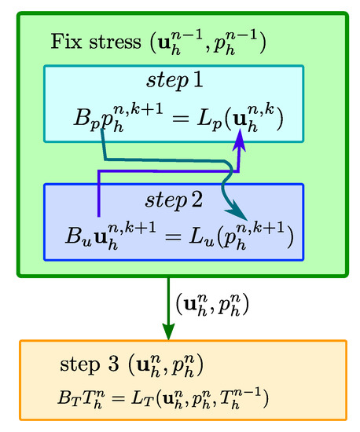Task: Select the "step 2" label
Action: pos(175,198)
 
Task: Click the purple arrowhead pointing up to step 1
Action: pos(238,139)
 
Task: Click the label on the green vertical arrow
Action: pos(208,303)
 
